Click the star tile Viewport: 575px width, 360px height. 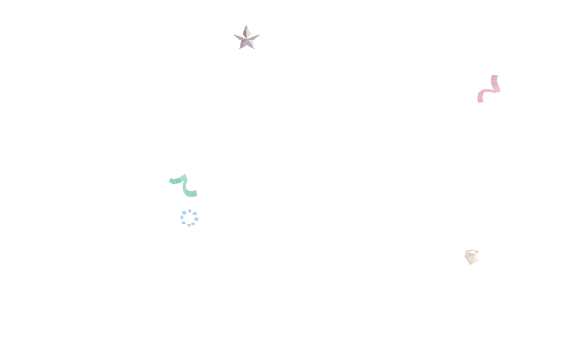point(246,37)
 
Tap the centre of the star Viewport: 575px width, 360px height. point(247,37)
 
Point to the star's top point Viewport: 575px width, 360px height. point(247,26)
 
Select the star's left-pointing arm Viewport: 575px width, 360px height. point(236,36)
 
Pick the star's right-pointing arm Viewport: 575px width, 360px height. point(258,36)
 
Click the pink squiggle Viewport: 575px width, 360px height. point(489,90)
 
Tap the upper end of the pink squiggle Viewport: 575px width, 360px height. point(494,76)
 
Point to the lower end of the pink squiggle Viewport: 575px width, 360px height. point(481,101)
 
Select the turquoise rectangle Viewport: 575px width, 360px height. point(182,185)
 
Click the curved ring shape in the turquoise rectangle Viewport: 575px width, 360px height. point(189,189)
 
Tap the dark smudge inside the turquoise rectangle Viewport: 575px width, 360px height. point(175,181)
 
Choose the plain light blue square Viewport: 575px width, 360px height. point(189,217)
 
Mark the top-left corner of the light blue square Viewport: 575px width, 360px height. point(179,207)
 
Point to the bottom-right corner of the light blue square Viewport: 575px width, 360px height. point(199,227)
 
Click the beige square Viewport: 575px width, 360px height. point(471,255)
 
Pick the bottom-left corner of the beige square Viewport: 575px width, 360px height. point(462,264)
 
